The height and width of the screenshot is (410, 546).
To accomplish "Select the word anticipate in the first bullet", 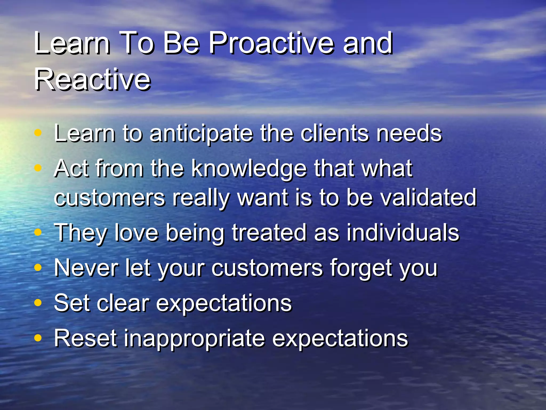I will click(201, 134).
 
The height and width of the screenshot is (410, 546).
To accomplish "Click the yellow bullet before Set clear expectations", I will click(38, 303).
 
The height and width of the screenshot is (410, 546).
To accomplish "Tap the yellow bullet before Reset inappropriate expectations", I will click(38, 338).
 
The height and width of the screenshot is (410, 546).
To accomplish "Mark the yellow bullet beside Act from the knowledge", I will click(38, 168).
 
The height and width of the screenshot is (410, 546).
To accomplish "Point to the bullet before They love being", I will click(38, 232).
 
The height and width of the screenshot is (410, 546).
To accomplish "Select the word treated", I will click(269, 232).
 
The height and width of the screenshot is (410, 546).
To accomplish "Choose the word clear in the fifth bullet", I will click(123, 303).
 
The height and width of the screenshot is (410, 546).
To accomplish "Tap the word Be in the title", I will click(181, 43).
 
